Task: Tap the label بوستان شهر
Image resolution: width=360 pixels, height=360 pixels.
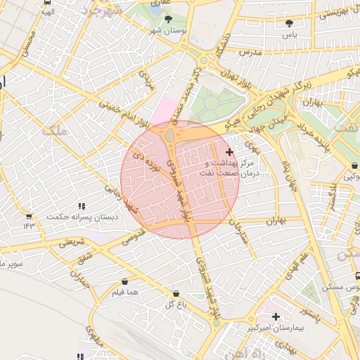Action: (x=165, y=32)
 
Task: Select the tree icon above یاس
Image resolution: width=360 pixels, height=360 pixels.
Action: (x=289, y=23)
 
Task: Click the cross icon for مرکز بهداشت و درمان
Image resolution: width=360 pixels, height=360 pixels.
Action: (x=229, y=152)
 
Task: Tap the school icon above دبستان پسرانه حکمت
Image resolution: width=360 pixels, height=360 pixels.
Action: (x=82, y=206)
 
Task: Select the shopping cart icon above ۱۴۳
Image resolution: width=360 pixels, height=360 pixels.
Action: (x=28, y=216)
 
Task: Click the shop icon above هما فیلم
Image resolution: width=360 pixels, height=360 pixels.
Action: (x=124, y=281)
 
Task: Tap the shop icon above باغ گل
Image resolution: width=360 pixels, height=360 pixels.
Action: (x=175, y=293)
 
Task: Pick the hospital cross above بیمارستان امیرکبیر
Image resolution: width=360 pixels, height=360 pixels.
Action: (x=276, y=317)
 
